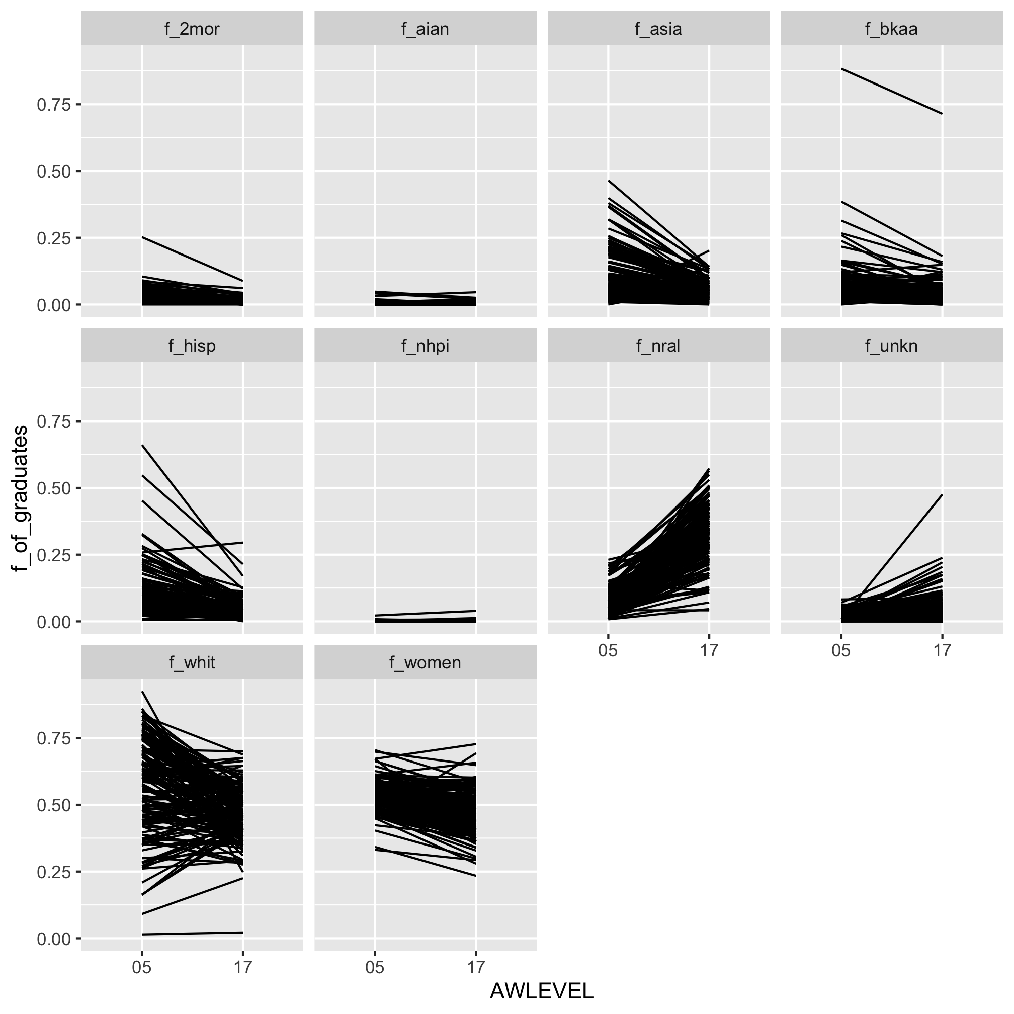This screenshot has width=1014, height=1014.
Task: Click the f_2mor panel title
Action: click(x=192, y=28)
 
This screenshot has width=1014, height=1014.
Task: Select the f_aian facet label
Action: click(x=425, y=28)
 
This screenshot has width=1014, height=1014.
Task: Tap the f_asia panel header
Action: click(x=658, y=28)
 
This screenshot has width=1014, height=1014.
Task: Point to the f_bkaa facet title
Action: click(x=891, y=28)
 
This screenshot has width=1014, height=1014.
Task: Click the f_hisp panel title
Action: click(x=192, y=346)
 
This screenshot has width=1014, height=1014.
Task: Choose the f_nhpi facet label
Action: click(x=425, y=346)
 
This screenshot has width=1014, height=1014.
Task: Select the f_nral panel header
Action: click(x=658, y=346)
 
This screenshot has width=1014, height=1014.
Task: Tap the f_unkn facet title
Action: click(x=891, y=346)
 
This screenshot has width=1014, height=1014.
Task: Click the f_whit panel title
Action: click(x=192, y=662)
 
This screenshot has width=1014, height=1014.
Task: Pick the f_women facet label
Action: click(x=425, y=662)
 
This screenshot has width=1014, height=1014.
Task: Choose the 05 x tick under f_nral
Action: click(x=608, y=651)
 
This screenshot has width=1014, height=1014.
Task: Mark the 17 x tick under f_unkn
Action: click(x=942, y=651)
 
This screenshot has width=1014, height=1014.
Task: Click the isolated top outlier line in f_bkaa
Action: click(x=892, y=92)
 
